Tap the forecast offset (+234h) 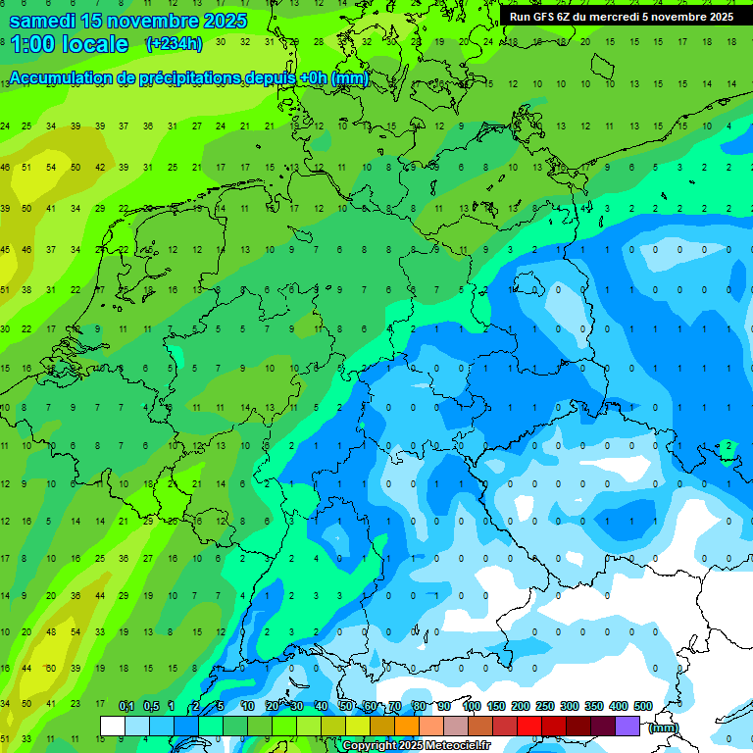point(175,43)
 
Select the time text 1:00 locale point(69,44)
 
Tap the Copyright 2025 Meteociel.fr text point(416,746)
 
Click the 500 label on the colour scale point(643,707)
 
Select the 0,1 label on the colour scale point(126,707)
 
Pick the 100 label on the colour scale point(472,707)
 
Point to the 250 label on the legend point(545,707)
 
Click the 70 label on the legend point(395,707)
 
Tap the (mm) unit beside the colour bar point(664,728)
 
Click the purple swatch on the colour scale point(627,726)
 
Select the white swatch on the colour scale point(113,726)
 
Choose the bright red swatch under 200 point(529,726)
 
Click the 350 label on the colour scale point(594,707)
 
